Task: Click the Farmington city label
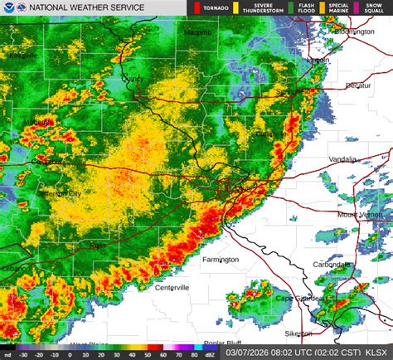[220, 260]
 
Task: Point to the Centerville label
[172, 288]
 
